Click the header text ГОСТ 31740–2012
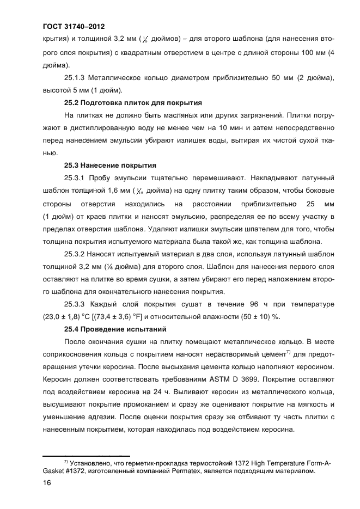[x=73, y=26]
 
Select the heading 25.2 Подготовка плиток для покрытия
[x=133, y=102]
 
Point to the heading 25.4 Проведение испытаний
[x=115, y=329]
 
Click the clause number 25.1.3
[x=78, y=78]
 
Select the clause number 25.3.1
[x=78, y=177]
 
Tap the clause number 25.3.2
[x=78, y=254]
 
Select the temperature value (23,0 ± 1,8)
[x=67, y=316]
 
